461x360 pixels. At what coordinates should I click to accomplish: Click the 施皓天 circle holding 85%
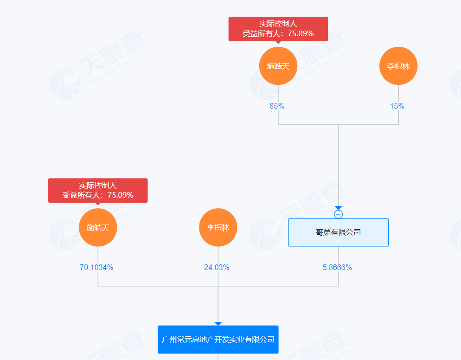(278, 66)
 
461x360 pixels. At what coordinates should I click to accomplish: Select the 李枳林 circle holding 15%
(398, 66)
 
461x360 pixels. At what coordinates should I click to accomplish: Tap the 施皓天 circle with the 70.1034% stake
(98, 227)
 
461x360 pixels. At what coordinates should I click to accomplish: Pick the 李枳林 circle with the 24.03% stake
(218, 227)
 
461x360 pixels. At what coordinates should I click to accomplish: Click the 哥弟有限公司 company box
(338, 232)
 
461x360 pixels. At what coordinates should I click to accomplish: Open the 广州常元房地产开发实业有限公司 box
(218, 340)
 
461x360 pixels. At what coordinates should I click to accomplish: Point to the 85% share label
(277, 106)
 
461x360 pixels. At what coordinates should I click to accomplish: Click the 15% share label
(397, 106)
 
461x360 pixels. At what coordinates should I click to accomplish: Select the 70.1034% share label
(96, 267)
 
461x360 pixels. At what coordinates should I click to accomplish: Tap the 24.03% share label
(217, 267)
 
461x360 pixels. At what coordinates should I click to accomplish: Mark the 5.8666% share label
(337, 267)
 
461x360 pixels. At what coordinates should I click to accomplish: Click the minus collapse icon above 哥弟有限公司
(339, 214)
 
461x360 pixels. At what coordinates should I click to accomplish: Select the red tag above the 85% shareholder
(278, 29)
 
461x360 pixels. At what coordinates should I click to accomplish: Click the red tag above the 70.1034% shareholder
(98, 190)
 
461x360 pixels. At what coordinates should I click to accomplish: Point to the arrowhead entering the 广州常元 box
(218, 323)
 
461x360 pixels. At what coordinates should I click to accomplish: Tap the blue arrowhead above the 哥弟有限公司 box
(339, 208)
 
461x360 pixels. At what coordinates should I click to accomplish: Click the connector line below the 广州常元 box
(218, 357)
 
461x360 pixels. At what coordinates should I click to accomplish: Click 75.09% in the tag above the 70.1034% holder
(120, 195)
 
